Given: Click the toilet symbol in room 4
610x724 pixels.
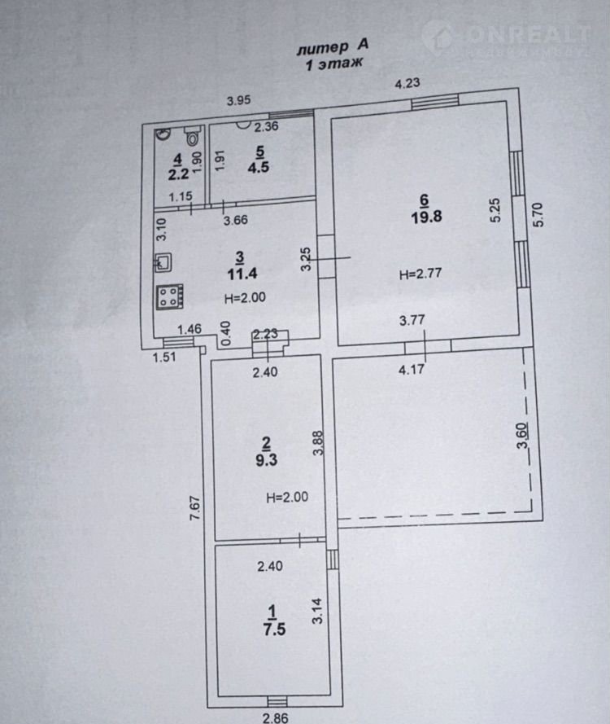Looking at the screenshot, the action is pos(193,136).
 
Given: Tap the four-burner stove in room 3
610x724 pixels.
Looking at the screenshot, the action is pos(170,296).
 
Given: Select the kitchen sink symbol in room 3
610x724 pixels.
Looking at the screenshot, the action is pos(163,262).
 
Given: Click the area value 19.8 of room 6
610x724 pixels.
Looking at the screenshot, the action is pos(426,217).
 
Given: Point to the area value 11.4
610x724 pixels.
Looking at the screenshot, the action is pos(242,274).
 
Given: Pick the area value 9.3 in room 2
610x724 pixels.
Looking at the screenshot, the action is pos(267,460).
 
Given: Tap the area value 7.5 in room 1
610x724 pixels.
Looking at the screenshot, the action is pos(274,629).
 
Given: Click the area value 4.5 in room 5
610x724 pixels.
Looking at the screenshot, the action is pos(258,167).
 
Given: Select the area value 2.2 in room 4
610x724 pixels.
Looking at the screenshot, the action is pos(178,174).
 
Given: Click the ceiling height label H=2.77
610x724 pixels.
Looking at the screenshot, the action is pos(420,274).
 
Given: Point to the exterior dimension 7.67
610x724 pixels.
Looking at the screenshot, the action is pos(195,508).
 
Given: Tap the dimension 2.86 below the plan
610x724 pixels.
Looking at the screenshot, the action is pos(276,717).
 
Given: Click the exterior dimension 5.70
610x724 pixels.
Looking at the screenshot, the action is pos(538,214).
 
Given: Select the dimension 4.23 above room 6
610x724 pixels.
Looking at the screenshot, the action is pos(407,83).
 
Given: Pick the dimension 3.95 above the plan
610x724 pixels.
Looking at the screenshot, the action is pos(239,100).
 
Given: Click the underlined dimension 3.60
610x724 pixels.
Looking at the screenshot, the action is pos(522,436).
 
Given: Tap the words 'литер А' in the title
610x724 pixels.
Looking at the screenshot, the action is pos(333,46).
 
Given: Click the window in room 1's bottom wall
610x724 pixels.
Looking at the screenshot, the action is pos(277,701).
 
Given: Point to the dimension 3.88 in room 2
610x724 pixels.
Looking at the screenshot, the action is pos(318,443).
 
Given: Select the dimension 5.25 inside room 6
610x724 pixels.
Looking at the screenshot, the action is pos(495,210).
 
